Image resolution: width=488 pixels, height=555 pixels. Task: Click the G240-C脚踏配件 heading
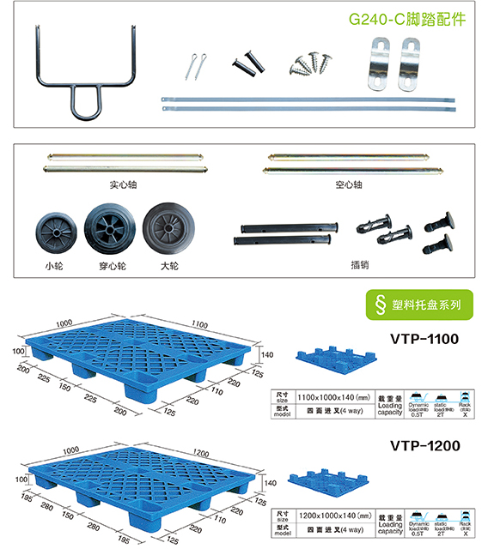coord(407,19)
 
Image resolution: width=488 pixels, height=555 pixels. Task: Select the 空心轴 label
coord(350,184)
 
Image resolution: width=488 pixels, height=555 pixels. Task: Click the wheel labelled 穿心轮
coord(109,229)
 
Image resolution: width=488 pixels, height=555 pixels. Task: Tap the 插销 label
coord(360,265)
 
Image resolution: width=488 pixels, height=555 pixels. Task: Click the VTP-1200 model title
coord(424,446)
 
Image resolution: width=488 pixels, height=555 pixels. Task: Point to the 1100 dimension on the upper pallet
coord(200,324)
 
